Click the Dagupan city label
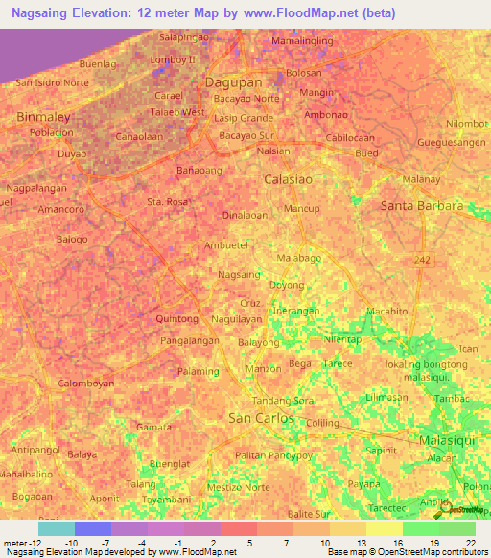[x=234, y=83]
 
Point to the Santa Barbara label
[x=421, y=206]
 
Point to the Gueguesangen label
[x=452, y=142]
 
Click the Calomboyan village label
[x=86, y=383]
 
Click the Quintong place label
[x=176, y=319]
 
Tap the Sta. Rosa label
[x=167, y=202]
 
